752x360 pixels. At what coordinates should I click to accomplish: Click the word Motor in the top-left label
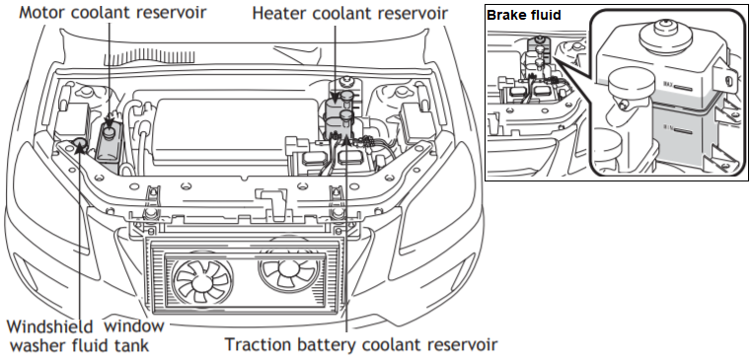(42, 12)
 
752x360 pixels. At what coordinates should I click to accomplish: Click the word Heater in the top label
(280, 13)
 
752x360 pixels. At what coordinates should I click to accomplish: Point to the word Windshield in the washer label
(49, 326)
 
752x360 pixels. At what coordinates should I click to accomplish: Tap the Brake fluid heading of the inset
(524, 15)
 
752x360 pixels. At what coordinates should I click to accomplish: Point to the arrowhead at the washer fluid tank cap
(81, 147)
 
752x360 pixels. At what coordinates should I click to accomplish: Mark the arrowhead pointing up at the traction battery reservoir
(345, 137)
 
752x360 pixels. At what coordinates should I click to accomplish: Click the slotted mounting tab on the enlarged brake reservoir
(723, 77)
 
